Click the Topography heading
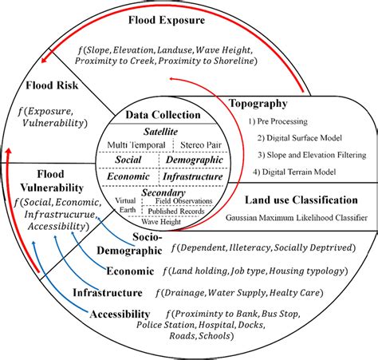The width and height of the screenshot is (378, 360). [x=258, y=104]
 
